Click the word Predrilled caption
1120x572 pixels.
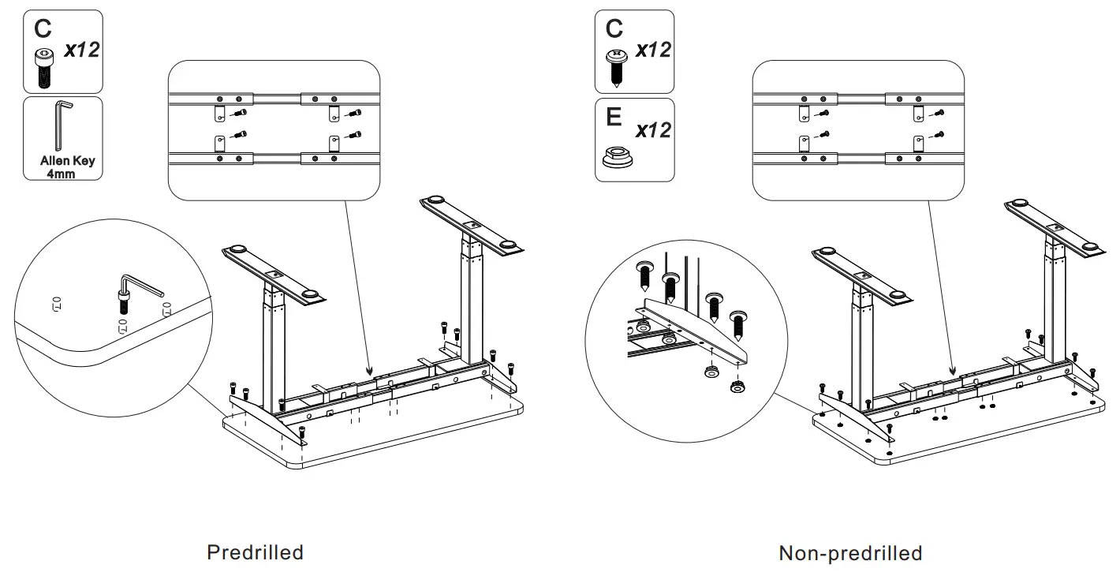[255, 552]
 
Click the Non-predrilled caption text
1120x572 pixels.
[850, 553]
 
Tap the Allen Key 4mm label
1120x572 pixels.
[67, 166]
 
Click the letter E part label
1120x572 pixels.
[614, 118]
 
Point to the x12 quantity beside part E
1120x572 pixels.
[653, 129]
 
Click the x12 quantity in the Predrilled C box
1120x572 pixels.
[81, 50]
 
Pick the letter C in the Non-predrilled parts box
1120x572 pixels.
[614, 29]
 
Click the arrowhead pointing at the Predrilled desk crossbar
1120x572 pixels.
[369, 368]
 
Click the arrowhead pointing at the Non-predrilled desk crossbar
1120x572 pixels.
[953, 370]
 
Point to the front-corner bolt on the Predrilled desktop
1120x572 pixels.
[302, 432]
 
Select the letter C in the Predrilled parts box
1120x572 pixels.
[43, 29]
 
